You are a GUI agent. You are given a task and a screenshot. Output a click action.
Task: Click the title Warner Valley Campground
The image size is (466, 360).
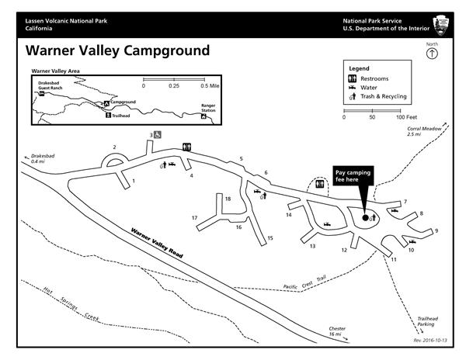coord(116,51)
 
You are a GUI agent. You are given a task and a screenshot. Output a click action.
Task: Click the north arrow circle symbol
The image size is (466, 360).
coord(432,54)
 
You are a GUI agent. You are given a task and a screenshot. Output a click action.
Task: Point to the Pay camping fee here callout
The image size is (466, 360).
coord(346,175)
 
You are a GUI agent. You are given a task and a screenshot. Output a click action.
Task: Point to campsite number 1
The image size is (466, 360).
coord(134,181)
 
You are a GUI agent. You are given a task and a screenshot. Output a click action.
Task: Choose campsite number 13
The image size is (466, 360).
coord(312,246)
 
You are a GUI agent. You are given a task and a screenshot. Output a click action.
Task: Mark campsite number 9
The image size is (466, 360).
coord(436,230)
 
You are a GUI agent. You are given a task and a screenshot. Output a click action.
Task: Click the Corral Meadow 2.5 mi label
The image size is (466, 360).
coord(419,132)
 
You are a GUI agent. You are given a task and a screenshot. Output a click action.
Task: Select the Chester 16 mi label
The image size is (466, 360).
coord(337,331)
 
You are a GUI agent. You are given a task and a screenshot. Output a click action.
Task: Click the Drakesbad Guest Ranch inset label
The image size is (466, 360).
coord(48,86)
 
